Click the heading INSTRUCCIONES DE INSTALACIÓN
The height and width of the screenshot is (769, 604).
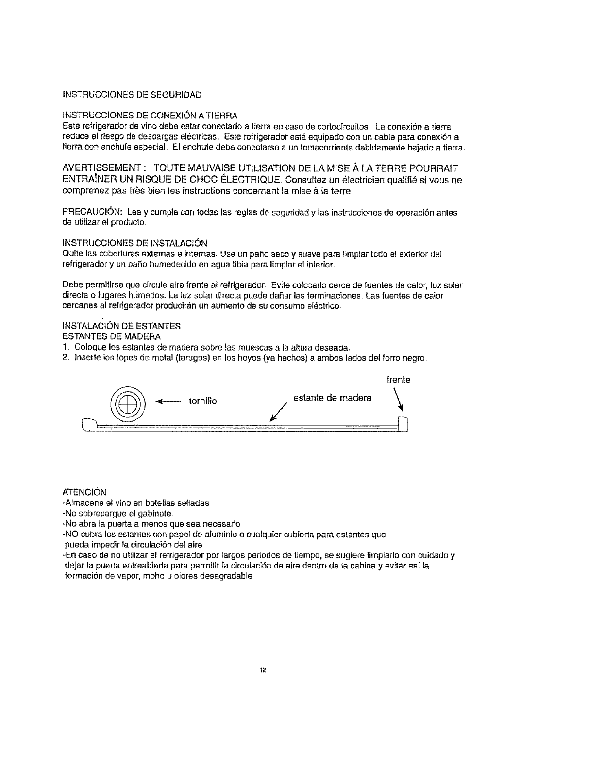pyautogui.click(x=135, y=243)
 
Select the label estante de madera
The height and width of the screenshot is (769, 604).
pyautogui.click(x=332, y=398)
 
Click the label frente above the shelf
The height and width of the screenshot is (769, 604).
pyautogui.click(x=398, y=380)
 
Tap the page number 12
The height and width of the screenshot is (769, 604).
pyautogui.click(x=263, y=671)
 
